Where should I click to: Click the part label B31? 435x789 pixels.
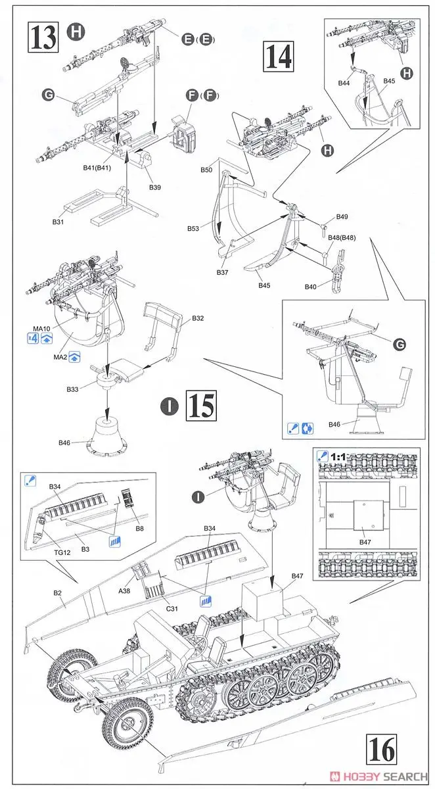(x=58, y=222)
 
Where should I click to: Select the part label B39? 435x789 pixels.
(x=155, y=187)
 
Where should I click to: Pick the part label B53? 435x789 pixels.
(x=193, y=229)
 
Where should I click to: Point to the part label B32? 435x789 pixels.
(x=198, y=318)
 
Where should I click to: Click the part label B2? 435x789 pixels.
(x=57, y=594)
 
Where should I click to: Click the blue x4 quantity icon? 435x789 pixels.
(x=32, y=339)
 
